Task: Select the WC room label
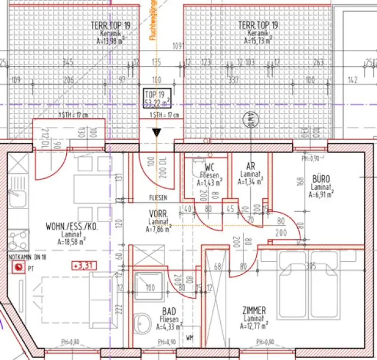210,167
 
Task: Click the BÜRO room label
321,179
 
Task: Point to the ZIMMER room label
254,310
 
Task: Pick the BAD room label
169,312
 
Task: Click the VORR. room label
158,214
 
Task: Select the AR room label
250,167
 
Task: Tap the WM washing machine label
190,337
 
